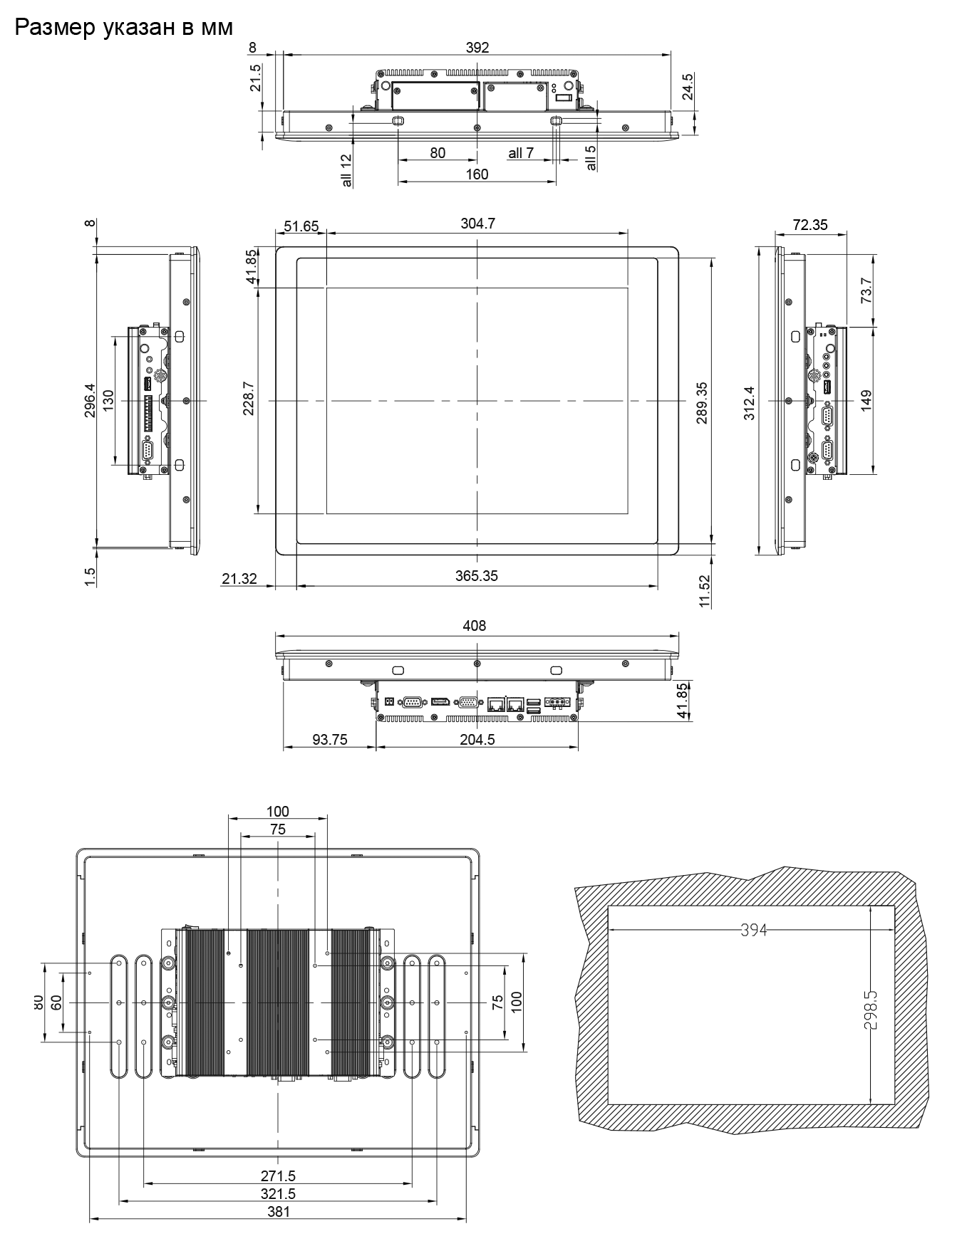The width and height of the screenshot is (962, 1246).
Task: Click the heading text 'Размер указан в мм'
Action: [123, 28]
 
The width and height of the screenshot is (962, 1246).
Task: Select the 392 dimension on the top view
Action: [477, 48]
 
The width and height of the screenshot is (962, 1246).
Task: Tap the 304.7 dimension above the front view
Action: [477, 224]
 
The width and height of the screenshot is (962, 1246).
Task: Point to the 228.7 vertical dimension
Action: [249, 399]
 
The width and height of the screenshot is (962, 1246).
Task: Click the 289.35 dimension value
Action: [702, 403]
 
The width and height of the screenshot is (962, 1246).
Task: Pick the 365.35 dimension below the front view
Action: [477, 576]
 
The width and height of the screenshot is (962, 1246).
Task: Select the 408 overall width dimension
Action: [475, 626]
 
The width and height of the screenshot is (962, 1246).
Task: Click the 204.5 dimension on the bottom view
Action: [477, 739]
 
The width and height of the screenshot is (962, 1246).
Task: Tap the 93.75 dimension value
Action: [330, 739]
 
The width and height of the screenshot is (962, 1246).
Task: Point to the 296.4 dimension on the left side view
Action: [89, 400]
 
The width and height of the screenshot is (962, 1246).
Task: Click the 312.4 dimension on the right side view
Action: [749, 403]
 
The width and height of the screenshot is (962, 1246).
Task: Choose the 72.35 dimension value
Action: [810, 225]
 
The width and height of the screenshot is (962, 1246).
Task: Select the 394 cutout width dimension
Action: [752, 930]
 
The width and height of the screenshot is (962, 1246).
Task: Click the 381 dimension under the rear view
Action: [278, 1211]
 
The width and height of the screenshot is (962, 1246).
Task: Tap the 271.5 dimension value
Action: [278, 1176]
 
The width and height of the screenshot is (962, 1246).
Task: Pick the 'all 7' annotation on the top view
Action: [521, 153]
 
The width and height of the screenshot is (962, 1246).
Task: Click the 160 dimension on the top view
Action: [477, 174]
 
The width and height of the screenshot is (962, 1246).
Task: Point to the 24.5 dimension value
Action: [688, 87]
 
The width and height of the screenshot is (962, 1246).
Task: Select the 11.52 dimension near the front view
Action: [705, 591]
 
